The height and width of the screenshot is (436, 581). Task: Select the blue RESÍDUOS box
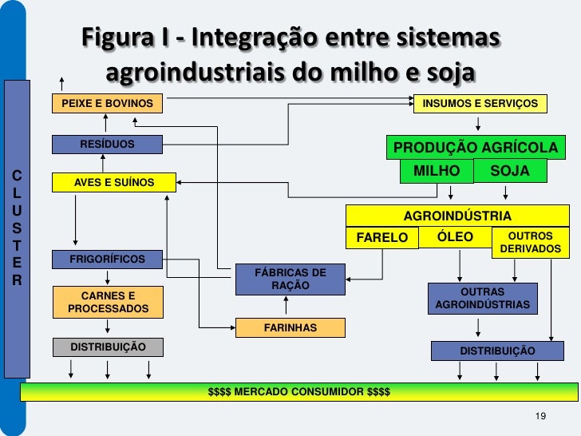coord(107,145)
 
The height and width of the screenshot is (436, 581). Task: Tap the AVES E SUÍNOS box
coord(113,182)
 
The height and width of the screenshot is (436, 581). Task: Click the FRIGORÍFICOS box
coord(107,260)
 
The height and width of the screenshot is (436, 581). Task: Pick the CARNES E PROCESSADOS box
coord(108,302)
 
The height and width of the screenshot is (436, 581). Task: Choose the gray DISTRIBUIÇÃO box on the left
coord(108,347)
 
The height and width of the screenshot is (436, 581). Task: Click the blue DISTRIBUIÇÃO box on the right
coord(497,351)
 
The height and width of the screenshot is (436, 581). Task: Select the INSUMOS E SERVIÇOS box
coord(480,104)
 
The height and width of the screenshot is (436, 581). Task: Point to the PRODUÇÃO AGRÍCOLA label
coord(475,148)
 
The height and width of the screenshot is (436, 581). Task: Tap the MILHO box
coord(437,171)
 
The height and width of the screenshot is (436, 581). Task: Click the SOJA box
coord(510,171)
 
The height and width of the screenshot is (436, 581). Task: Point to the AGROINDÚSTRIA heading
coord(457,216)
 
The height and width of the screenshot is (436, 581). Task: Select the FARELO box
coord(381,237)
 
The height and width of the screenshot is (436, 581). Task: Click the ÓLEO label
coord(456,236)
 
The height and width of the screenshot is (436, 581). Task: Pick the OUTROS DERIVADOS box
coord(530,244)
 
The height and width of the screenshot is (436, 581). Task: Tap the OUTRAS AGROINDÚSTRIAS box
coord(482,299)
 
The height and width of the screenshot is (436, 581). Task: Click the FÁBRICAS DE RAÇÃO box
coord(290,279)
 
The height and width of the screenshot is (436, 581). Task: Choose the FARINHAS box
coord(290,327)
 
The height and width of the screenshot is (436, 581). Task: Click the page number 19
coord(540,417)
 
